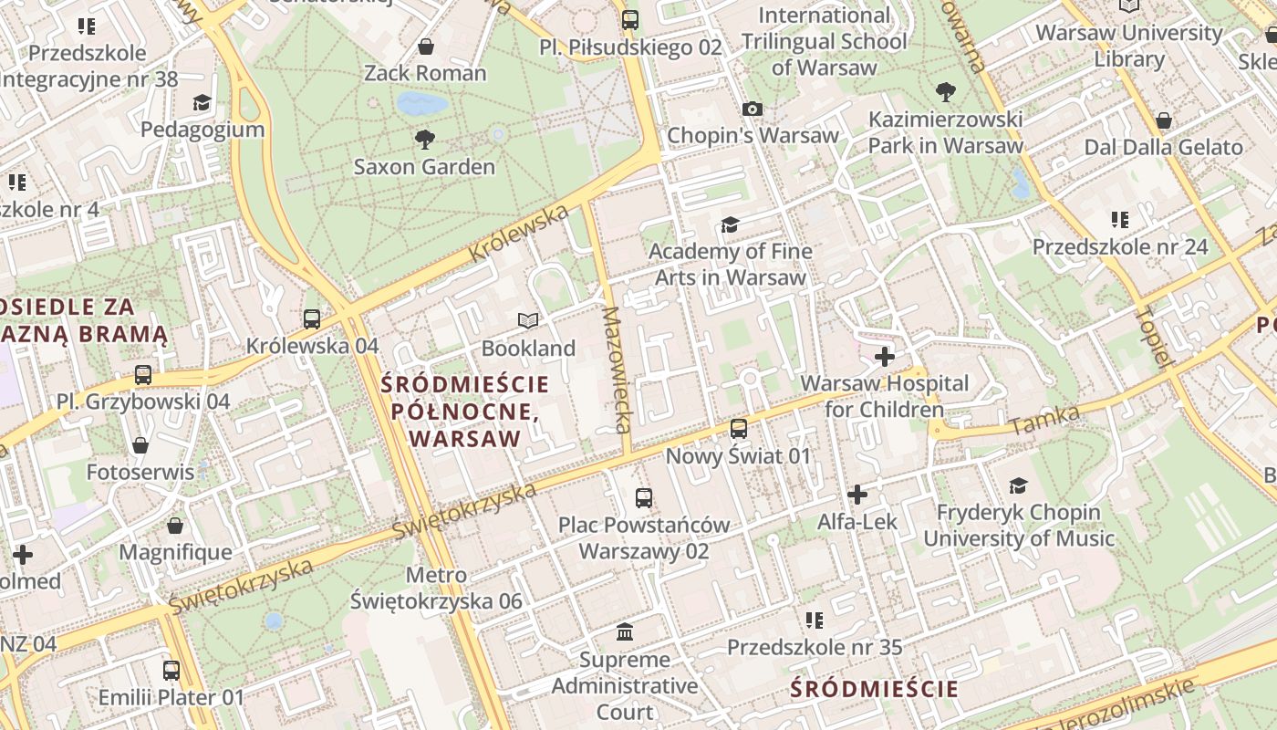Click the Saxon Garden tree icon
pos(424,140)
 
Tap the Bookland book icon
pos(528,320)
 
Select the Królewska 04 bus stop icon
pos(312,318)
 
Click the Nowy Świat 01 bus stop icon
pos(739,428)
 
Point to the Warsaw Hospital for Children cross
pos(884,356)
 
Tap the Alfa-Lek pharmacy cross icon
pos(857,495)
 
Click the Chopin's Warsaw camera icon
pos(753,109)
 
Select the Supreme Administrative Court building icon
pos(626,631)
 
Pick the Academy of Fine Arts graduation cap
pos(730,224)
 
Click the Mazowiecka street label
pos(616,370)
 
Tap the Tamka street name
pos(1045,420)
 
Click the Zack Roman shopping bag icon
pos(425,46)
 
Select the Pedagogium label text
pos(202,129)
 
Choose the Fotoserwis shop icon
pos(140,445)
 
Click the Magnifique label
pos(175,552)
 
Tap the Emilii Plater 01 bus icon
pos(171,671)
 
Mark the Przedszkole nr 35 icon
pos(815,620)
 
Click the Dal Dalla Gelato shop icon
pos(1164,120)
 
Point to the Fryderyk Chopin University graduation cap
pos(1019,485)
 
